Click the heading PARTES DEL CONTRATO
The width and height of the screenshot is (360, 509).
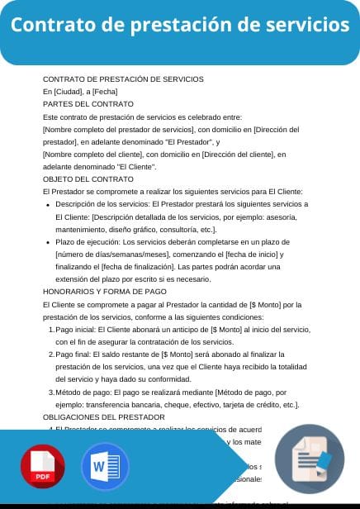[88, 104]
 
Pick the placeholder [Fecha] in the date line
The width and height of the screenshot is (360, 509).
[104, 92]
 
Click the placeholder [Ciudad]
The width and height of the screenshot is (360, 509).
[68, 92]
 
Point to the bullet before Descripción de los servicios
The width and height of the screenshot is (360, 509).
[48, 204]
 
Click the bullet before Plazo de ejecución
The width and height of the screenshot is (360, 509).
[48, 242]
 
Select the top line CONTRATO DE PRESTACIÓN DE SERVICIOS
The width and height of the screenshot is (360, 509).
[122, 79]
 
